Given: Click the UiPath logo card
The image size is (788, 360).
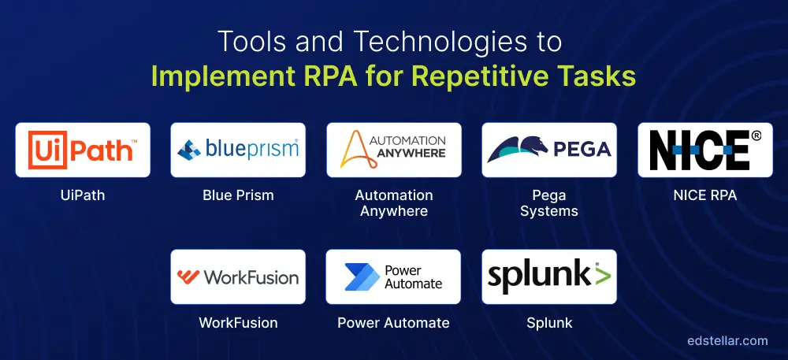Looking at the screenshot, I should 83,150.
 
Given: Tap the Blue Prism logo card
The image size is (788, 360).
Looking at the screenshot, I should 238,150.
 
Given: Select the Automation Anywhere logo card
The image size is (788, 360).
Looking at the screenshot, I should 393,150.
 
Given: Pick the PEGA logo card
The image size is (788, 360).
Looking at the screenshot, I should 549,150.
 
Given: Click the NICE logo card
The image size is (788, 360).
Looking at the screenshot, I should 705,150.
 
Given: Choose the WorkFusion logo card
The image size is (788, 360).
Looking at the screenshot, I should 238,276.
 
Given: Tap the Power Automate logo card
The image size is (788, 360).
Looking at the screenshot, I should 393,276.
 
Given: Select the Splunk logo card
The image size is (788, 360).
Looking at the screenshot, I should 549,276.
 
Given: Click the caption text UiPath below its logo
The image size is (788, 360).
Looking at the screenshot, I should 83,195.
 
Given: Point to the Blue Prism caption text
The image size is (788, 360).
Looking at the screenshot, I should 238,195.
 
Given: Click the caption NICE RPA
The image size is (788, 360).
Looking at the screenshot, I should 705,195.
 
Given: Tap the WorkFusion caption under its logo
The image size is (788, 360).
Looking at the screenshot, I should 238,323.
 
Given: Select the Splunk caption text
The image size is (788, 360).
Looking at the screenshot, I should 549,323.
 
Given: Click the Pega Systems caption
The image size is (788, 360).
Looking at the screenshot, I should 549,202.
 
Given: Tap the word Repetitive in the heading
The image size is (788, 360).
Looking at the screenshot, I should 496,77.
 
